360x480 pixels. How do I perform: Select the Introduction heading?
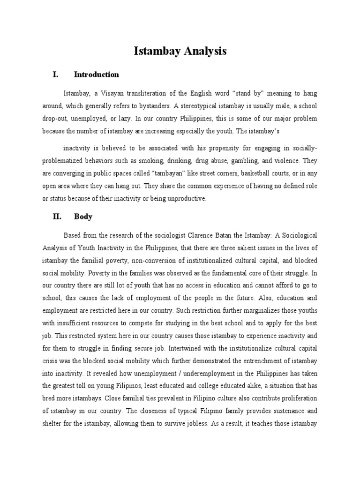(x=96, y=75)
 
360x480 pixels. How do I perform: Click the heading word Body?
(x=83, y=217)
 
